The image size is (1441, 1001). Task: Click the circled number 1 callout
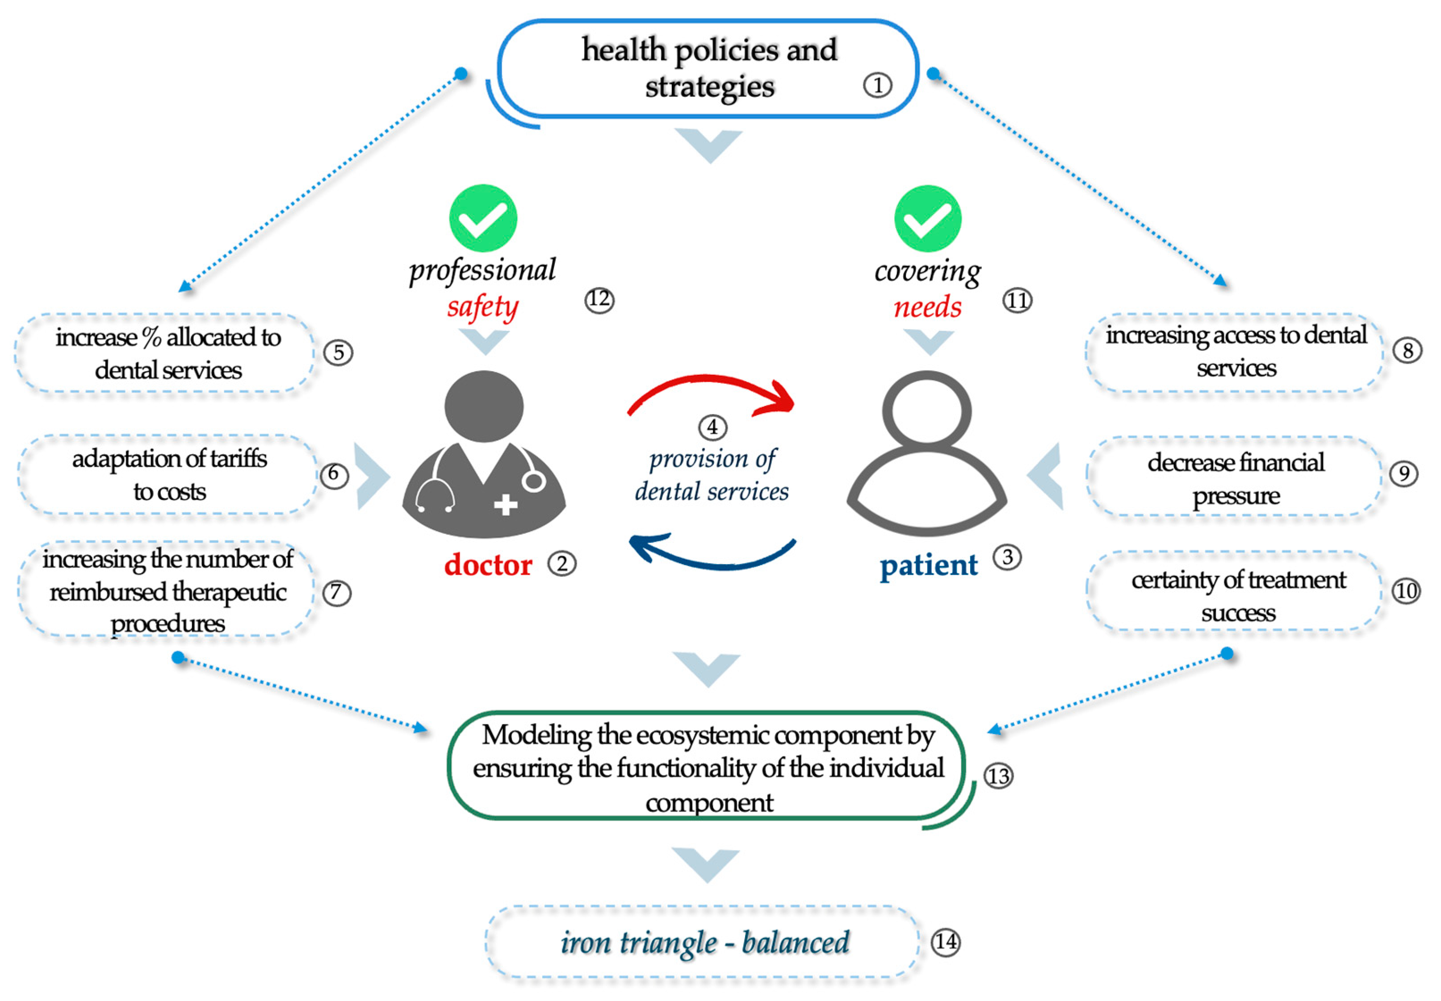point(877,85)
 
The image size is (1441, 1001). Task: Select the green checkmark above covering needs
point(927,218)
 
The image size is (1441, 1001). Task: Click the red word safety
point(482,307)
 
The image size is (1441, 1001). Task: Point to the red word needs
point(927,308)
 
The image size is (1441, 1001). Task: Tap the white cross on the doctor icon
point(505,504)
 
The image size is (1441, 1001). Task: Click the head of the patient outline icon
point(927,411)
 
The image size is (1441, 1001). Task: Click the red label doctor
point(488,565)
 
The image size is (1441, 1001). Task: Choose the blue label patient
point(928,565)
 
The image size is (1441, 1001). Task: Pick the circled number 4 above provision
point(712,427)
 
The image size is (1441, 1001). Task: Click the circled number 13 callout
point(997,776)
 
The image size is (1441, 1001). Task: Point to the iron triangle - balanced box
point(704,942)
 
